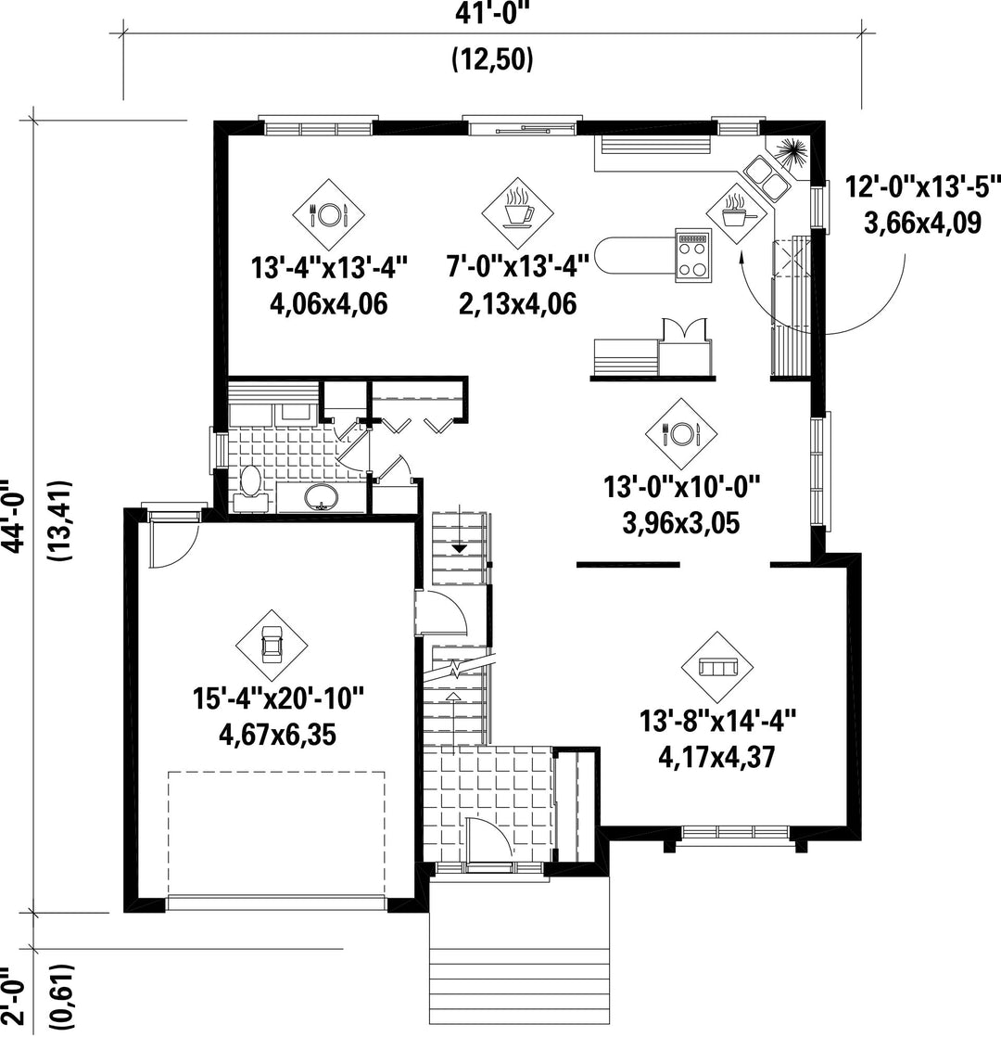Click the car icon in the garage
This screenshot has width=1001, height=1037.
272,645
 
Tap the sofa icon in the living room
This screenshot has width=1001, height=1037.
718,668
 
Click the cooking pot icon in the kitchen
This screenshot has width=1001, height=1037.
733,211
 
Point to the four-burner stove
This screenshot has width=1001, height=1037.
693,255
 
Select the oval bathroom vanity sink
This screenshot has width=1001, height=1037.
322,496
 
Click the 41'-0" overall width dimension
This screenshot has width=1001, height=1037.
493,13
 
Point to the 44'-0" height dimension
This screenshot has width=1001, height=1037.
14,516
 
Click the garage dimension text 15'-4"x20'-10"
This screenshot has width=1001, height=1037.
278,698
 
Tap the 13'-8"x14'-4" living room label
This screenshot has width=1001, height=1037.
717,720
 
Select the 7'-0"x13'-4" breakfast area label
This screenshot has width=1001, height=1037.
517,268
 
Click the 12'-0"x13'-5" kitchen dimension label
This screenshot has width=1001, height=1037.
923,187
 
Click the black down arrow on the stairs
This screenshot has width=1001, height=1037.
459,549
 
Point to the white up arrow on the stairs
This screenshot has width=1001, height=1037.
453,697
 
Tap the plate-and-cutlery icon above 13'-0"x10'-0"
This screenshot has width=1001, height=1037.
681,434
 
